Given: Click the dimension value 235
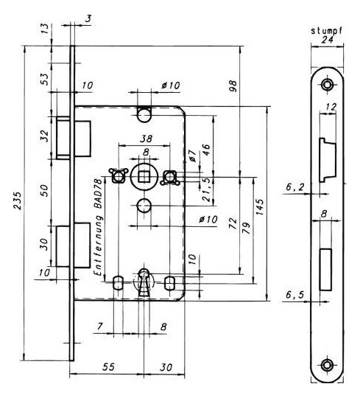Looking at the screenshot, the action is tap(17, 201).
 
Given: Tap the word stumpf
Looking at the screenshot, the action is tap(327, 31).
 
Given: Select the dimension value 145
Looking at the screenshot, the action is tap(260, 207).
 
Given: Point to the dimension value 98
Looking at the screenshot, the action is tap(233, 86).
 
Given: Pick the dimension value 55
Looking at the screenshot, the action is tap(108, 367).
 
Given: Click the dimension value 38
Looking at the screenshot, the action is tap(147, 139).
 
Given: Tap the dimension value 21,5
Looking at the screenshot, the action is tap(207, 190).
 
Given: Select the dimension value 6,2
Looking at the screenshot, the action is tap(294, 187).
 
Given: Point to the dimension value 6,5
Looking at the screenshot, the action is tap(294, 295).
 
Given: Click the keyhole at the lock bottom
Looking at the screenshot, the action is tap(144, 283).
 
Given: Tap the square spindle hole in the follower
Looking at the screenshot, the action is tap(144, 177).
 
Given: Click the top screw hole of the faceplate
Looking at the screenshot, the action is tap(328, 85).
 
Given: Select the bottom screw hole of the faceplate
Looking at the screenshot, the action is tap(328, 366).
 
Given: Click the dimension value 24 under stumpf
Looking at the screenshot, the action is tap(327, 40).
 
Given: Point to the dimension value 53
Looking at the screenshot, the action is tap(45, 79).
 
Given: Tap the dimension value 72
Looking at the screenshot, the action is tap(233, 223).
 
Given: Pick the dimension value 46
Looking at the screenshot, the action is tap(206, 150).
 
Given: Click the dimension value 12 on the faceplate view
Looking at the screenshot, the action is tap(331, 107).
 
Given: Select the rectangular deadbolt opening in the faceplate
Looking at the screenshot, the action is tap(325, 269).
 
